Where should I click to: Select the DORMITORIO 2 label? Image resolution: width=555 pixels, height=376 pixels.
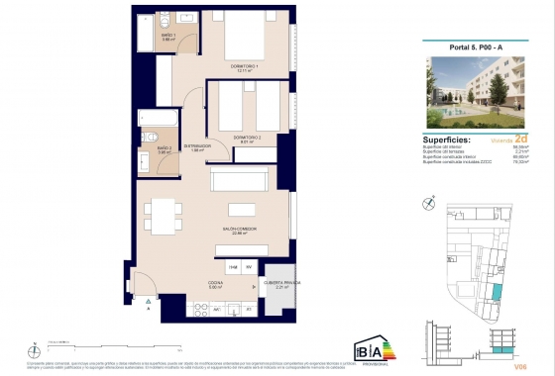(246, 138)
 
